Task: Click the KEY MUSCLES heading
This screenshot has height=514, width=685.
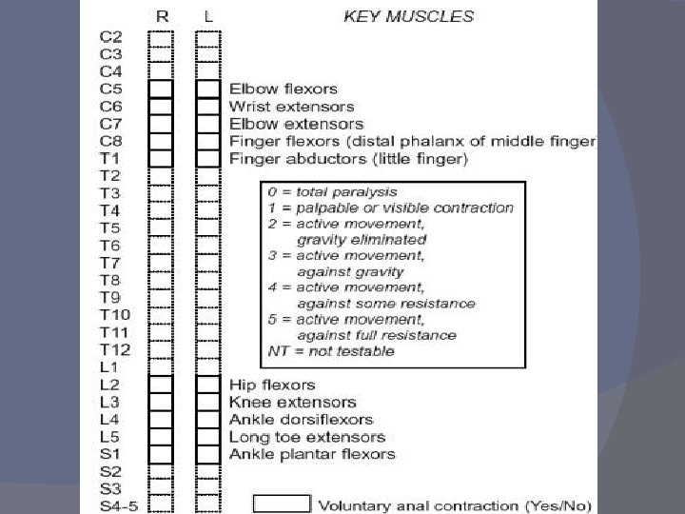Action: [407, 16]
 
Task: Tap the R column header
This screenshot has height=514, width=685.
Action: [162, 16]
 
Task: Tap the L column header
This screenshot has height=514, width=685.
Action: [208, 16]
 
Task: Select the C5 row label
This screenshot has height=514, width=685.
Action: [110, 89]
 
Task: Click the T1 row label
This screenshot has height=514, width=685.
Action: [109, 158]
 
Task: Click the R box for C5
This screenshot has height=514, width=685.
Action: [161, 89]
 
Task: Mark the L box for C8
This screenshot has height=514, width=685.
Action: [208, 141]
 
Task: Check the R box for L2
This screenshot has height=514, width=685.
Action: [161, 385]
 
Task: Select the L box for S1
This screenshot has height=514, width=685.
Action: [208, 454]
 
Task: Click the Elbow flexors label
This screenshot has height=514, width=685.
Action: [283, 89]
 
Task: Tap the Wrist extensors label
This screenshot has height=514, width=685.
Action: [291, 106]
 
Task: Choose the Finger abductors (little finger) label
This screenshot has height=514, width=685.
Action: [348, 158]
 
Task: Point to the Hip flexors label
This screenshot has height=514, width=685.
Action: [272, 385]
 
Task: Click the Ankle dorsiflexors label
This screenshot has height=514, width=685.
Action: [301, 419]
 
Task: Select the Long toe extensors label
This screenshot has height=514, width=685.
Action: [306, 437]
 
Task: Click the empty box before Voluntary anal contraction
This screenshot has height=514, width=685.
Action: [282, 504]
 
